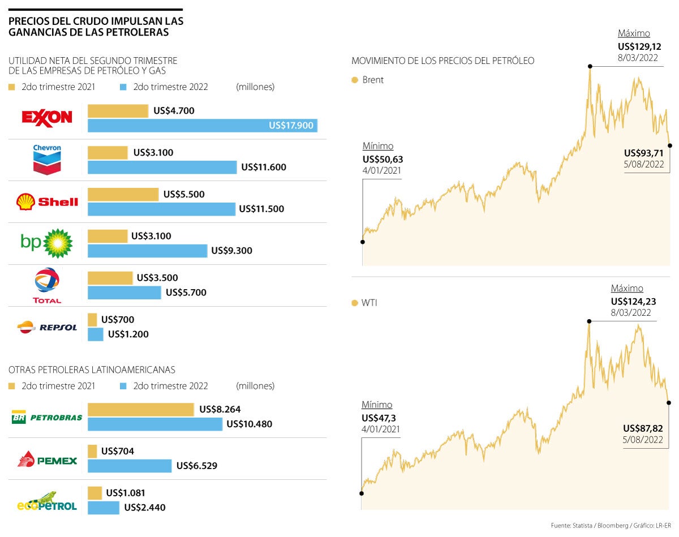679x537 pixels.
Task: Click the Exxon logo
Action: tap(47, 118)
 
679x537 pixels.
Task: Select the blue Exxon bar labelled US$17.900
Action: tap(202, 126)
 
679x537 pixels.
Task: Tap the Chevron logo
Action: tap(47, 160)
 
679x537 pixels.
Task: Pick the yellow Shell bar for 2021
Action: tap(123, 194)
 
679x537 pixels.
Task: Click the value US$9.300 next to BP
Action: tap(231, 251)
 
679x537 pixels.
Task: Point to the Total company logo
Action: tap(47, 285)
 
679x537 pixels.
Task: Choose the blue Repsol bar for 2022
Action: tap(96, 334)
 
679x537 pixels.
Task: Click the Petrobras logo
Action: tap(47, 418)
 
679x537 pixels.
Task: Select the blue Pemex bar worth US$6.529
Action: tap(130, 466)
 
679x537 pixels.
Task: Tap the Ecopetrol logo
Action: tap(47, 501)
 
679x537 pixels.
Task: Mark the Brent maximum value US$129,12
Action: tap(639, 46)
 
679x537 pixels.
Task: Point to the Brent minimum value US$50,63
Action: tap(383, 159)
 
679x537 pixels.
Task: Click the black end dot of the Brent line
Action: tap(670, 145)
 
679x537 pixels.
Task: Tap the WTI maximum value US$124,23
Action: tap(634, 301)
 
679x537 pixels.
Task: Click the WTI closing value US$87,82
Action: tap(643, 428)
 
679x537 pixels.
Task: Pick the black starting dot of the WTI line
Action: tap(362, 493)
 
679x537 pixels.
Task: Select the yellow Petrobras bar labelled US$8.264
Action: tap(140, 409)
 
